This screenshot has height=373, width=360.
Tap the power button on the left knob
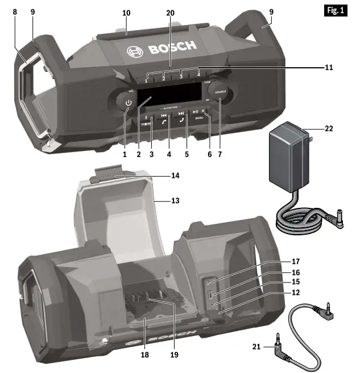click(x=129, y=103)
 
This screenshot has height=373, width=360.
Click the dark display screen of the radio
click(x=170, y=92)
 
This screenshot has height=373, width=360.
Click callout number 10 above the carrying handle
click(x=126, y=11)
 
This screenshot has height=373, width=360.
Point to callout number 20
click(x=170, y=11)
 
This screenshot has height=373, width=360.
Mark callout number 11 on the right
click(x=328, y=67)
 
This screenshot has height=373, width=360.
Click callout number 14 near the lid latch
click(x=176, y=175)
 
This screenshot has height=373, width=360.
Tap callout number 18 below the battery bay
click(x=144, y=354)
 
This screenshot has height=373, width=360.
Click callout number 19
click(x=173, y=354)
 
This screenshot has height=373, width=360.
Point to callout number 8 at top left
click(x=14, y=11)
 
